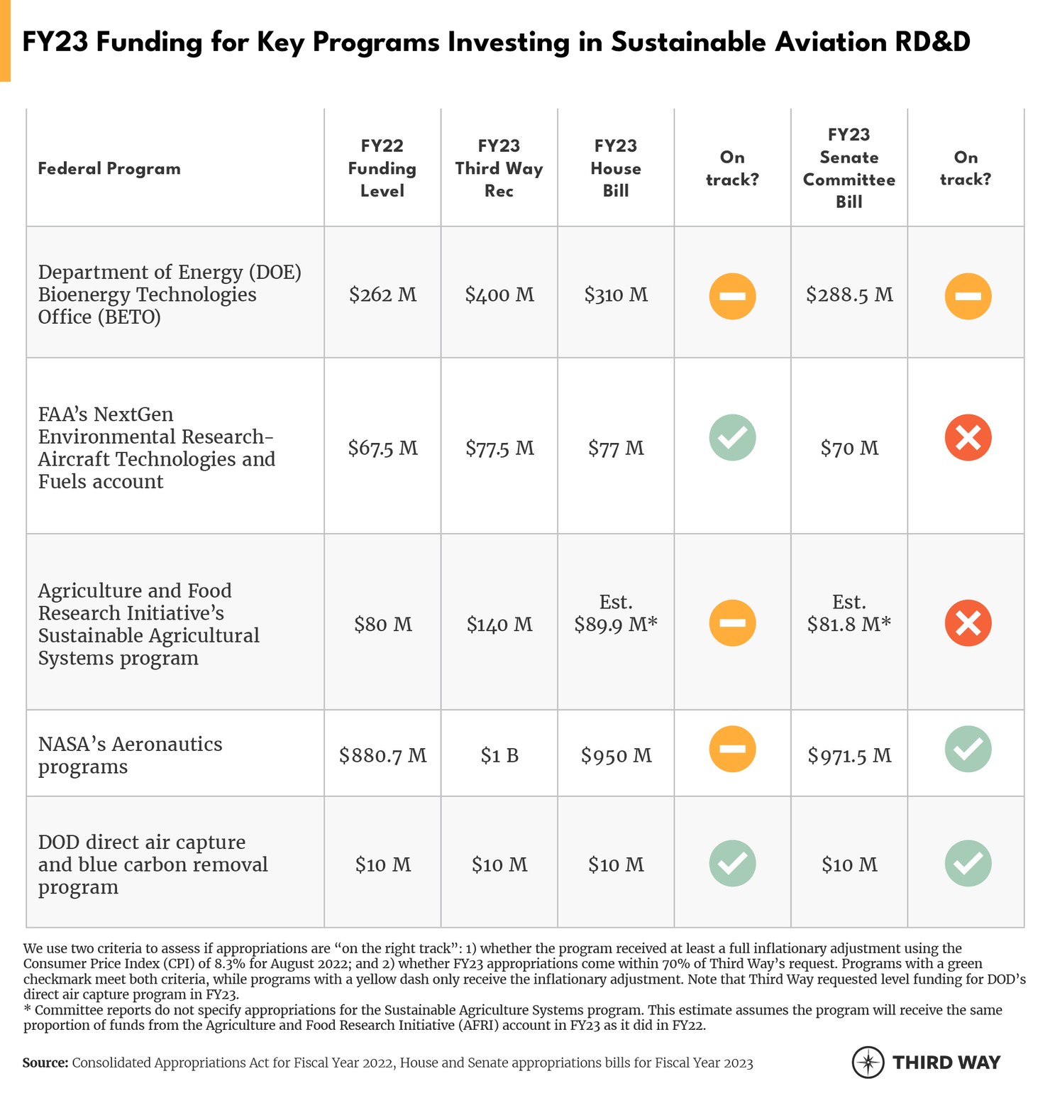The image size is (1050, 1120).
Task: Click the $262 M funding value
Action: tap(382, 295)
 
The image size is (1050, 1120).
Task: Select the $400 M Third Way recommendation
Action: tap(499, 295)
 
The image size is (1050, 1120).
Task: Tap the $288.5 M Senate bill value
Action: tap(849, 295)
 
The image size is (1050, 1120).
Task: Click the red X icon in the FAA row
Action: tap(968, 437)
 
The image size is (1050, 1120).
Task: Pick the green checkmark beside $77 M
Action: tap(732, 437)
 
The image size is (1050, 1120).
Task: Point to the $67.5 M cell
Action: tap(382, 448)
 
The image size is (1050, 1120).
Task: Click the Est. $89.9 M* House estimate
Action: tap(616, 613)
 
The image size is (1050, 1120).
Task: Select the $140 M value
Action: tap(499, 625)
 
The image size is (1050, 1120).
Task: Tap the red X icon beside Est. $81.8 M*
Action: tap(968, 622)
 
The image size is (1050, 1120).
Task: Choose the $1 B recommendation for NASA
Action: tap(499, 755)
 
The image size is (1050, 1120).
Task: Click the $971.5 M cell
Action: tap(849, 755)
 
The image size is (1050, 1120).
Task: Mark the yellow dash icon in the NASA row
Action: tap(732, 749)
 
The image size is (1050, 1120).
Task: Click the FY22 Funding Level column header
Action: tap(382, 168)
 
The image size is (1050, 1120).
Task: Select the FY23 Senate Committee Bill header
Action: tap(849, 168)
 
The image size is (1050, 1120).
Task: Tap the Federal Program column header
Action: tap(109, 168)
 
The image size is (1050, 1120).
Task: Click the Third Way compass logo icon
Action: tap(868, 1063)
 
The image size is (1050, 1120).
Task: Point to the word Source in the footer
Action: tap(45, 1063)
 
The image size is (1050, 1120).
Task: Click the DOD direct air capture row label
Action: tap(153, 864)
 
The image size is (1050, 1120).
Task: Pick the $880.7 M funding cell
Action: tap(382, 755)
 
